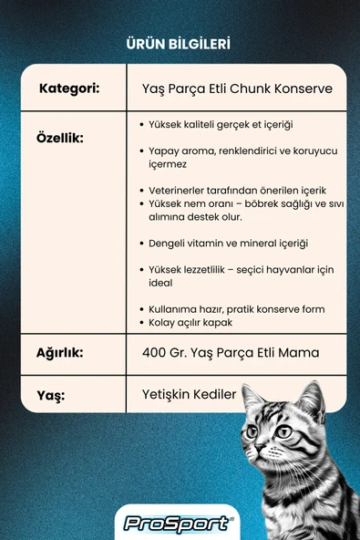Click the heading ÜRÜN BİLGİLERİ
coord(180,43)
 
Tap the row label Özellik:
coord(60,138)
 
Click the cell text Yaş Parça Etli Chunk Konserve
coord(238,89)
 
